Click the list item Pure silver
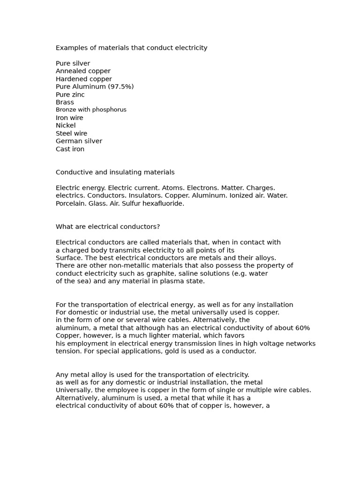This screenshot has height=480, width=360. coord(73,63)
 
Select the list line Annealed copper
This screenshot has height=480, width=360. coord(83,71)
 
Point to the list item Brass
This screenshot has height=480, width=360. coord(65,102)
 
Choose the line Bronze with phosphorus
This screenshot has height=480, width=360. coord(91,110)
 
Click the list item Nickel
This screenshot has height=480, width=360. coord(66,126)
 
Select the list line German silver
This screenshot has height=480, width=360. coord(79,141)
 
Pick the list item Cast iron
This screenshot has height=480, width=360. coord(70,149)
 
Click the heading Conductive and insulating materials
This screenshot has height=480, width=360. coord(115,172)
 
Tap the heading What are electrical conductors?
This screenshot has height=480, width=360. coord(108,227)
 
